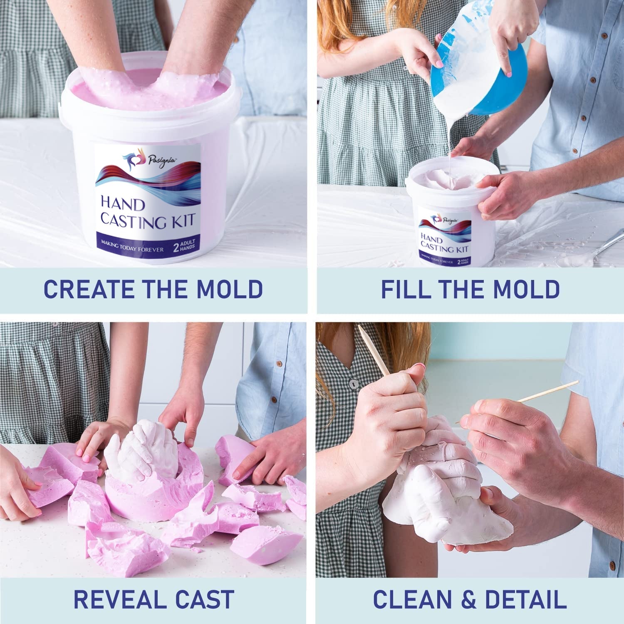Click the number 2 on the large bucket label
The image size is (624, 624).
pos(176,248)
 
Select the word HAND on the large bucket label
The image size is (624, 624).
pos(122,205)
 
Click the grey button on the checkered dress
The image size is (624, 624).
pos(353,383)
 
